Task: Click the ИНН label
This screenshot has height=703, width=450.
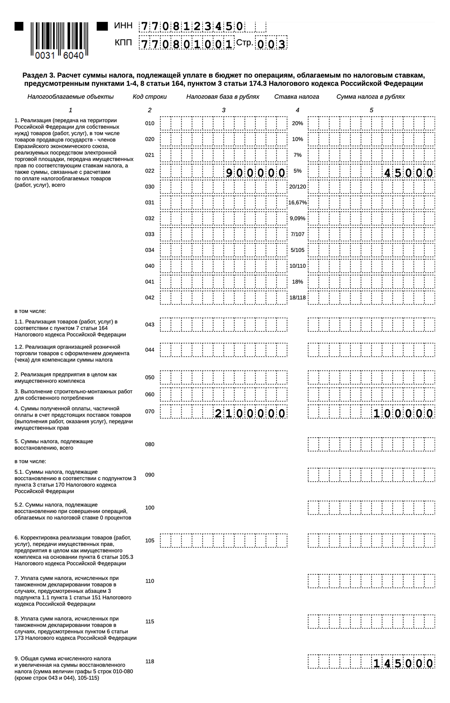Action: tap(123, 26)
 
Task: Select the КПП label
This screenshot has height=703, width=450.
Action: tap(123, 43)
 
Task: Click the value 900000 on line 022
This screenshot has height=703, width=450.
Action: tap(255, 173)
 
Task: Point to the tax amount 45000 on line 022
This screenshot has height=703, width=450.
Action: tap(408, 173)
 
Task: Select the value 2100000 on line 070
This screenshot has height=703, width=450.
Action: tap(250, 413)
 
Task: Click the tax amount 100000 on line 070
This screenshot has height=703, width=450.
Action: tap(403, 413)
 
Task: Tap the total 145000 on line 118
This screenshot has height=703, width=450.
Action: tap(403, 664)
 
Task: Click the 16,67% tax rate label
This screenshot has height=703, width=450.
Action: tap(297, 203)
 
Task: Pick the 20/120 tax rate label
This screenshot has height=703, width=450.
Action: tap(297, 187)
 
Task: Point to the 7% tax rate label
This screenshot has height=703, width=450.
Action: tap(297, 155)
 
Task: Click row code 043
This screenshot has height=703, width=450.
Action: tap(150, 325)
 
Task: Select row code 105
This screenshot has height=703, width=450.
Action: tap(150, 540)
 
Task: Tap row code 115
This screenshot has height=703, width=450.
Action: tap(150, 622)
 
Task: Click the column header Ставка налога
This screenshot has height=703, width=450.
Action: tap(296, 97)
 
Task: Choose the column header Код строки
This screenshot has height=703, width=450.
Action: tap(150, 97)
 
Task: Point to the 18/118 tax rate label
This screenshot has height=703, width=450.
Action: tap(297, 298)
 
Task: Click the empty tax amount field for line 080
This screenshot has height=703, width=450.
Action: tap(371, 444)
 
